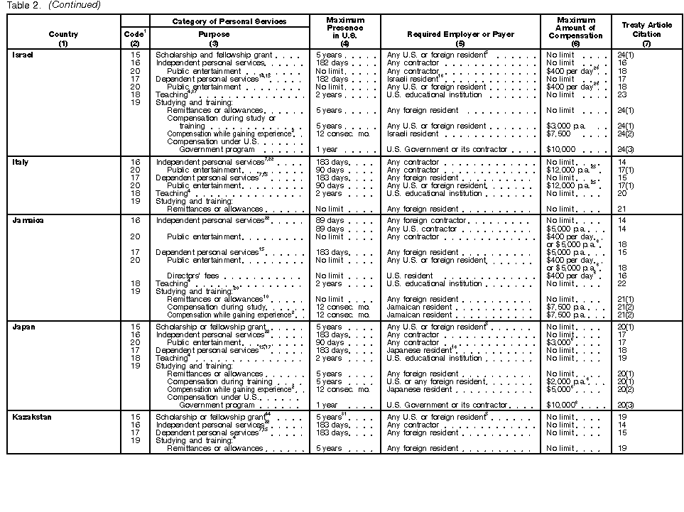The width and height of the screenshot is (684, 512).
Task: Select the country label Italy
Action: coord(21,163)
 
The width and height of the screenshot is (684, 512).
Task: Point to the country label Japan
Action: coord(23,327)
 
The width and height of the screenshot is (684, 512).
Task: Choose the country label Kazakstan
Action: coord(32,417)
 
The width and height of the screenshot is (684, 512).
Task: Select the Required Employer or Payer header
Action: coord(460,34)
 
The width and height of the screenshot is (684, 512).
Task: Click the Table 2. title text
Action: coord(21,5)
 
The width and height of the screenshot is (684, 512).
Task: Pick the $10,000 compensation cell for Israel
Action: coord(560,150)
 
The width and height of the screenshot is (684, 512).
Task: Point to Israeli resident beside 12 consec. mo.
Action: coord(413,134)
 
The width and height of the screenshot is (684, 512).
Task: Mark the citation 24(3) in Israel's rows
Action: coord(626,150)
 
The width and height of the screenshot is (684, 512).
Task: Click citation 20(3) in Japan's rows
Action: coord(626,405)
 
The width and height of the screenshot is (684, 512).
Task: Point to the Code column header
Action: coord(135,34)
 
